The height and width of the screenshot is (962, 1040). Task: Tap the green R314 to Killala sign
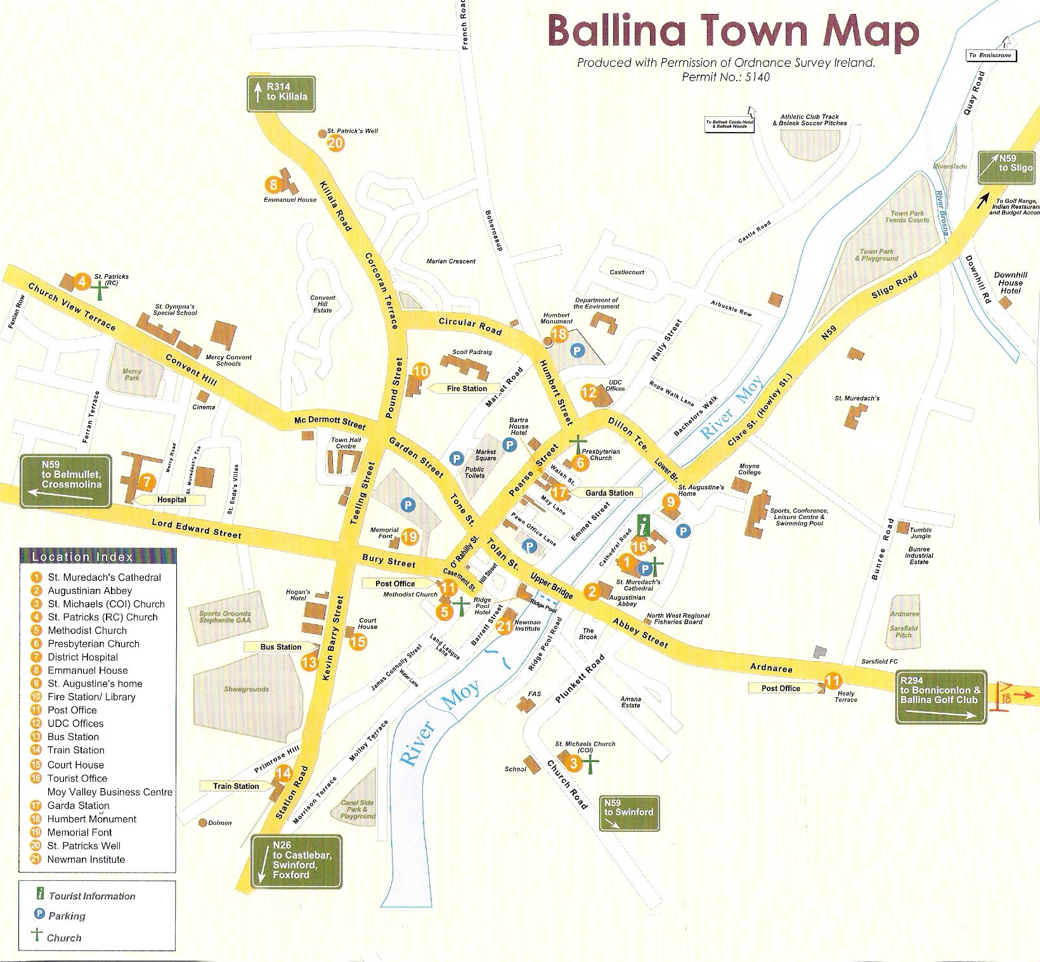pyautogui.click(x=281, y=95)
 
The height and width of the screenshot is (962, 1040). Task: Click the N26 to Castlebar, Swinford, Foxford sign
pyautogui.click(x=296, y=862)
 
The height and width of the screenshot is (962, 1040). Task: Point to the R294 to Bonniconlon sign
pyautogui.click(x=941, y=697)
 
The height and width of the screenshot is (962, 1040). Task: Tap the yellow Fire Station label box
pyautogui.click(x=467, y=388)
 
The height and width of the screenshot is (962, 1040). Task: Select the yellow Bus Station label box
pyautogui.click(x=280, y=647)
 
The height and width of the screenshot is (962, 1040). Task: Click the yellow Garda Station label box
pyautogui.click(x=609, y=492)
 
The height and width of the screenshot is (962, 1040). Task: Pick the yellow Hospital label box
pyautogui.click(x=171, y=499)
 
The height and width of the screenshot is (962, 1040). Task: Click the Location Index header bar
pyautogui.click(x=98, y=557)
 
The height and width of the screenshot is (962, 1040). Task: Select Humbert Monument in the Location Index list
pyautogui.click(x=91, y=819)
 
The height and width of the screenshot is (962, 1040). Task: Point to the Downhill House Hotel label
pyautogui.click(x=1010, y=282)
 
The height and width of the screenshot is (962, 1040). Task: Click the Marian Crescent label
pyautogui.click(x=450, y=261)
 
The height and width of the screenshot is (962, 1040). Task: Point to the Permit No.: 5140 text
pyautogui.click(x=725, y=77)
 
